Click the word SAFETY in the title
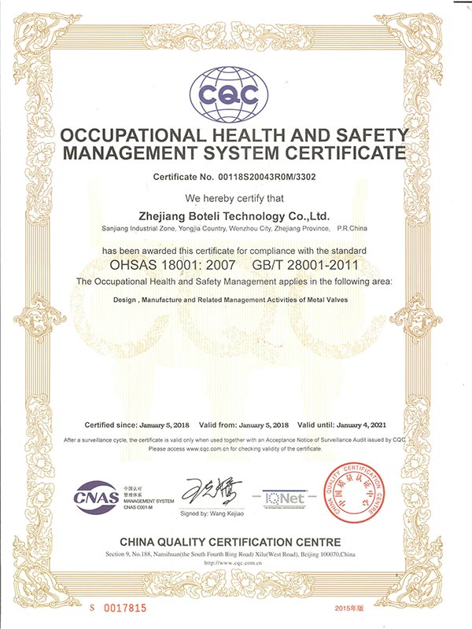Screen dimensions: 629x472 [x=367, y=134]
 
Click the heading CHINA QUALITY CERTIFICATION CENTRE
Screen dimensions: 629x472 [x=230, y=542]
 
